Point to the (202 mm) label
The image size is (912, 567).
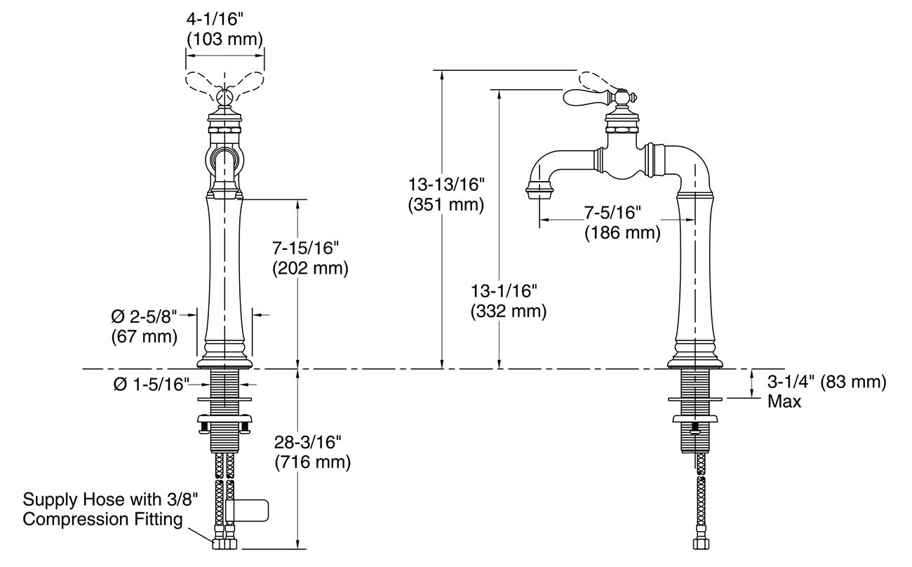309,269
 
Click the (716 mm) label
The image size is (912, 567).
311,463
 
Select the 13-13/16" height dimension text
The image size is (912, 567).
446,185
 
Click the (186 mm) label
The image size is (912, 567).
622,233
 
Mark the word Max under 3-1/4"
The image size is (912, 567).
784,402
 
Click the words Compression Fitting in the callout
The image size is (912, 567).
102,520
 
